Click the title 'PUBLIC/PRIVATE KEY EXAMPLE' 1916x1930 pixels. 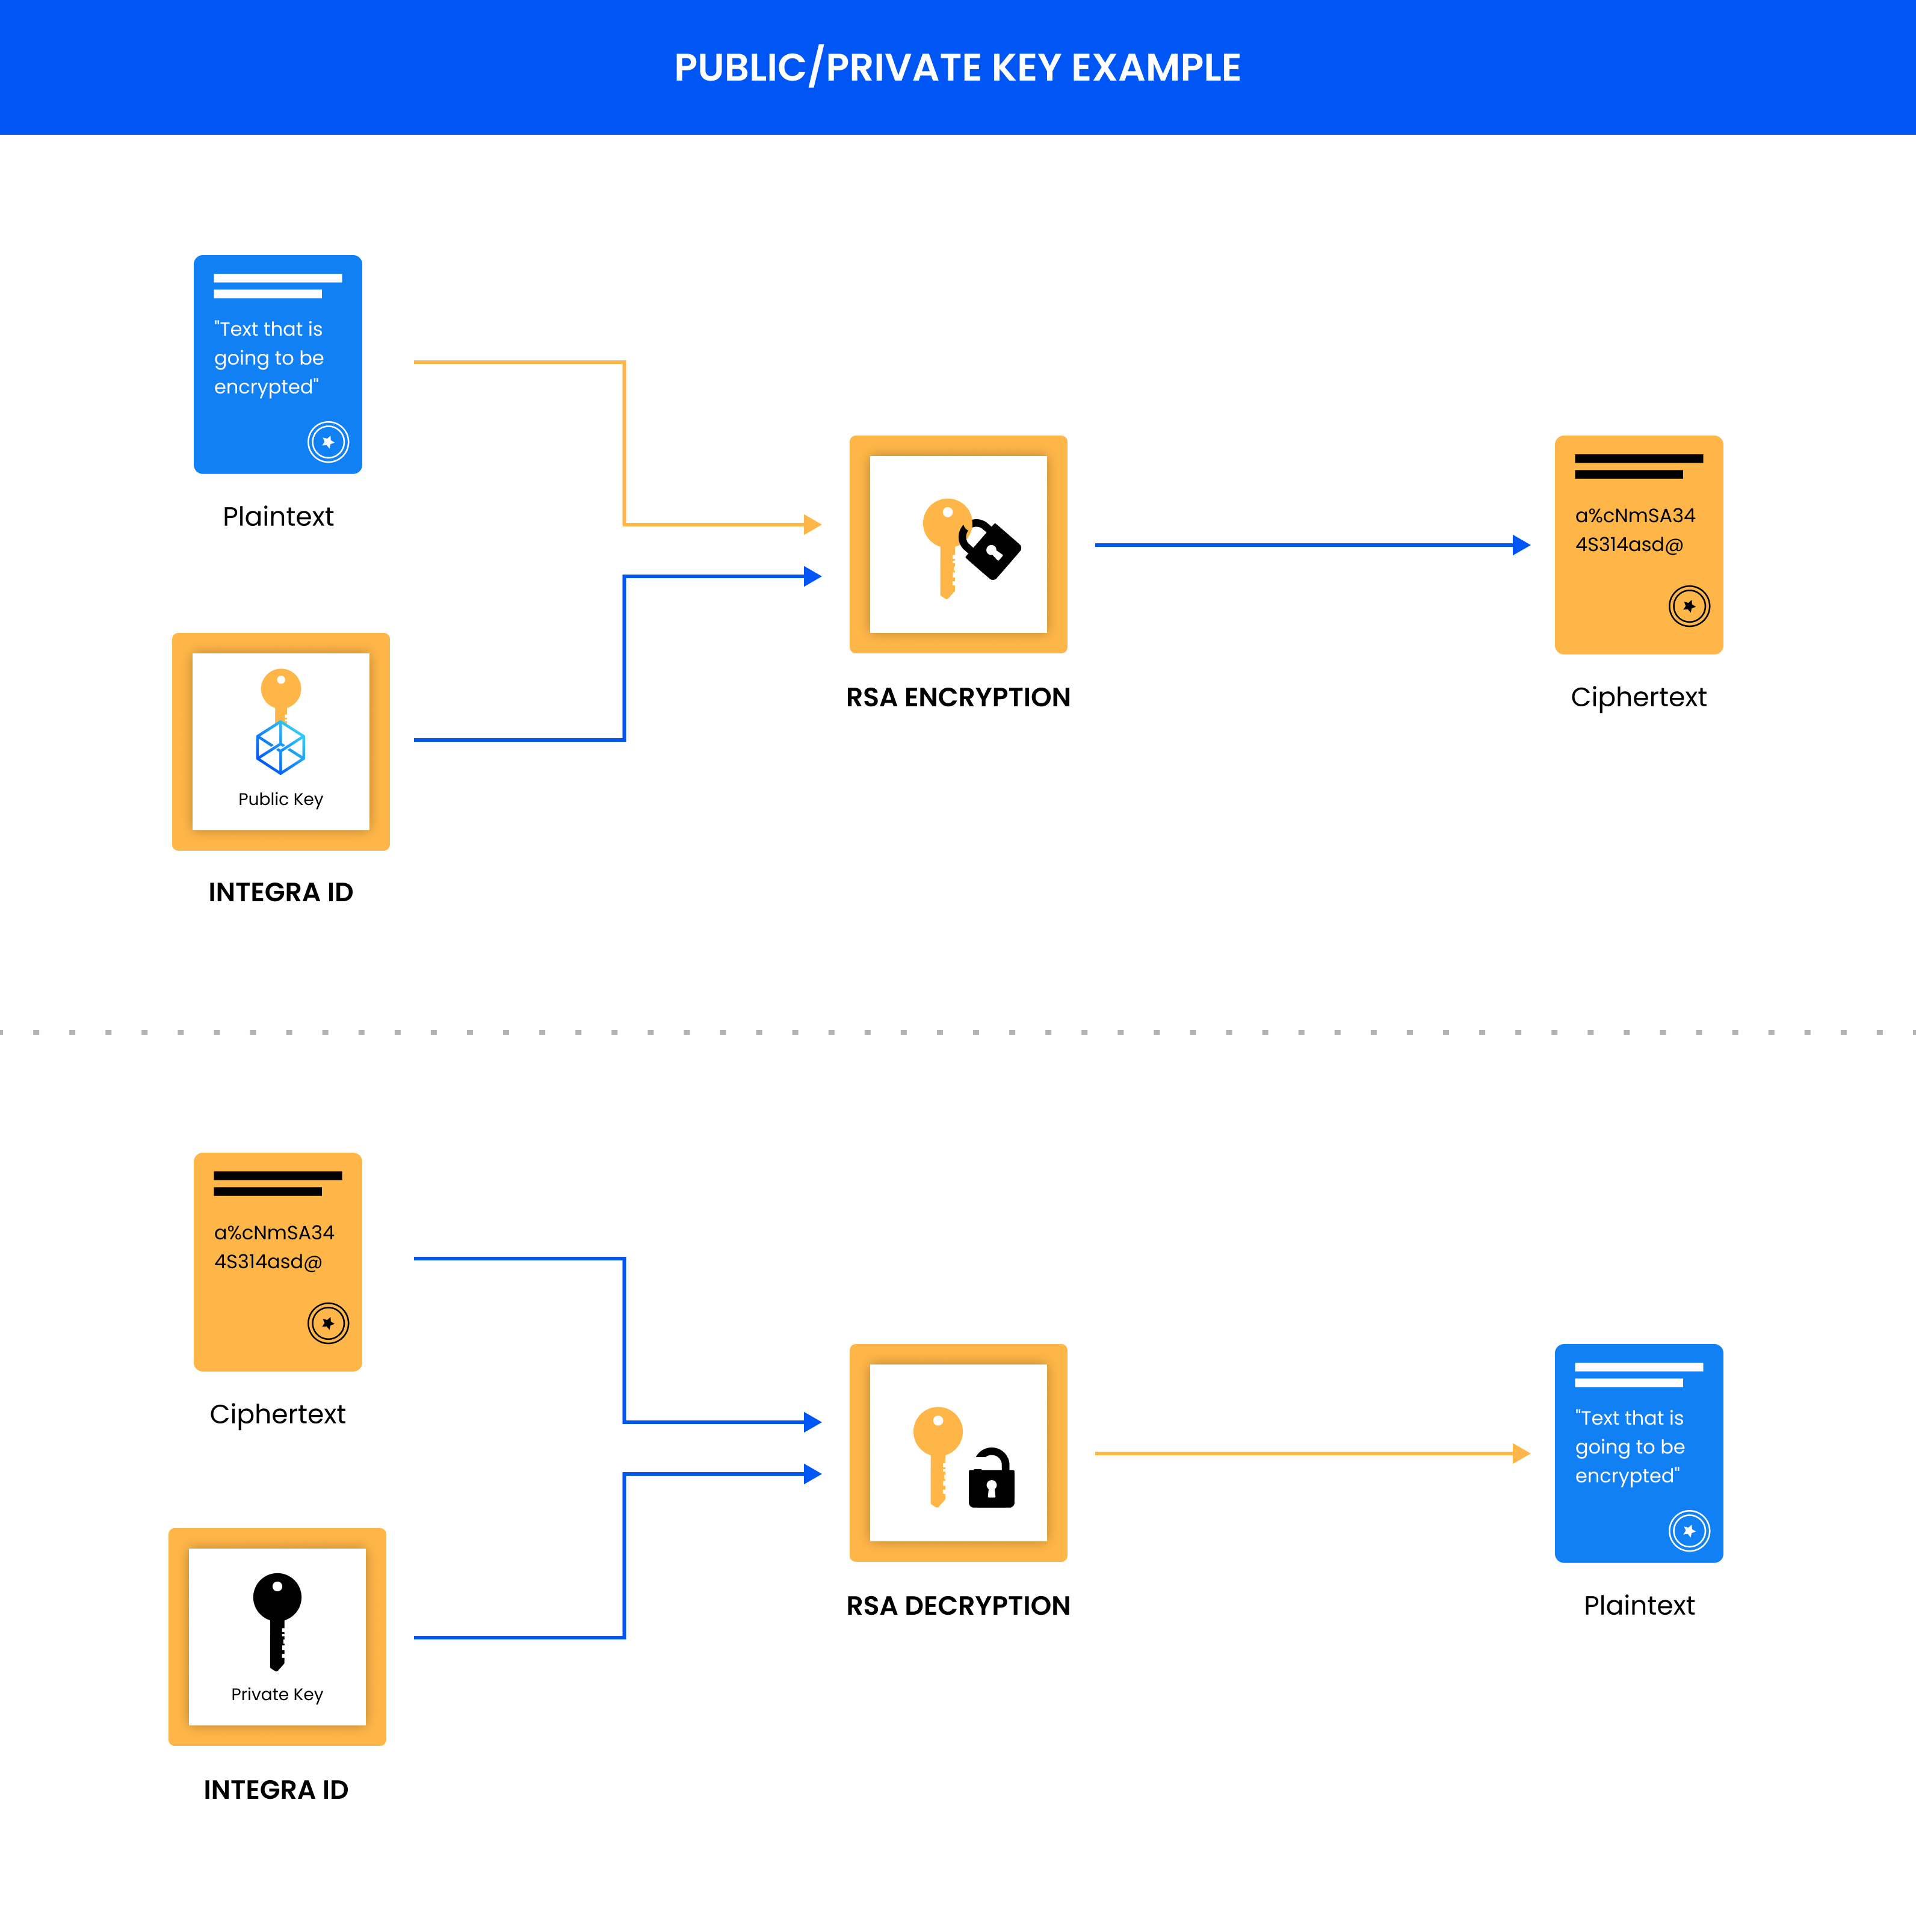[957, 68]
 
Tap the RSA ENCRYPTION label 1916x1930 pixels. [957, 697]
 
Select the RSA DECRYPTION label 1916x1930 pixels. [957, 1605]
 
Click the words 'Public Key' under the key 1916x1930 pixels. [280, 799]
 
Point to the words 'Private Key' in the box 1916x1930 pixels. [277, 1694]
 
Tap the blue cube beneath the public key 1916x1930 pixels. [280, 747]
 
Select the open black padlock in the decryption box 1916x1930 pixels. [991, 1478]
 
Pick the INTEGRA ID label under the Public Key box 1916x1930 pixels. [280, 892]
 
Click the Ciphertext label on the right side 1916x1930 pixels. [1639, 697]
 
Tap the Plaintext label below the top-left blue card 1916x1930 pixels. [277, 516]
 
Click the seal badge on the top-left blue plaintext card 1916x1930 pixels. [328, 442]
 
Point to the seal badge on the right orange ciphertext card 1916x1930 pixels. [1689, 606]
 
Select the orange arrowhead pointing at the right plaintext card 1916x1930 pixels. [1521, 1454]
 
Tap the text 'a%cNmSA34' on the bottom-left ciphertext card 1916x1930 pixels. [274, 1233]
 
